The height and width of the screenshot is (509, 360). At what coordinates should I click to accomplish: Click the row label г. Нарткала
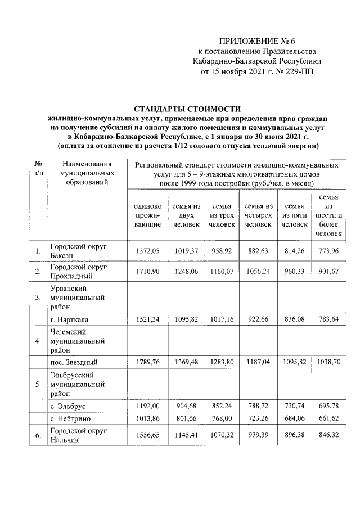69,319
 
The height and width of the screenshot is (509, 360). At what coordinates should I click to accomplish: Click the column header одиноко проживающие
147,215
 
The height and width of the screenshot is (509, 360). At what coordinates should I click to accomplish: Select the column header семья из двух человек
184,215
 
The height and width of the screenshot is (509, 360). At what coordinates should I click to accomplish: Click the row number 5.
37,385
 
